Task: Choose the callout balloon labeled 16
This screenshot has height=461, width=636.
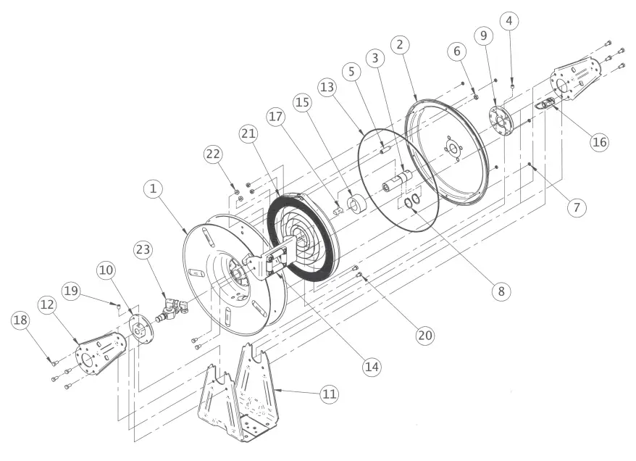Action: pyautogui.click(x=598, y=141)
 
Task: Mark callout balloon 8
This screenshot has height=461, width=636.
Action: pyautogui.click(x=499, y=290)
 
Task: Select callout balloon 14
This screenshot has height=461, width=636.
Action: pyautogui.click(x=372, y=366)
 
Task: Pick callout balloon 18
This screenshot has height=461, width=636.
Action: pyautogui.click(x=22, y=320)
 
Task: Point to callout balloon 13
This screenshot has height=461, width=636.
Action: pyautogui.click(x=328, y=87)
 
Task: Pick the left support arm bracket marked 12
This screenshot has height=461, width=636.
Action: pyautogui.click(x=100, y=354)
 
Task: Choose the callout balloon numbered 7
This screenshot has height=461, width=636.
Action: pyautogui.click(x=577, y=208)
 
